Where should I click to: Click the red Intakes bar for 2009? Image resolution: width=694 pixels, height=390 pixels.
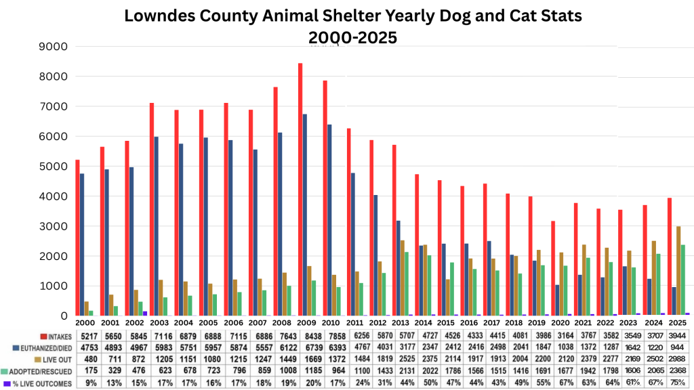[x=300, y=190]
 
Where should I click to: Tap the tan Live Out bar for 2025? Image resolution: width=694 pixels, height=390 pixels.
[x=678, y=271]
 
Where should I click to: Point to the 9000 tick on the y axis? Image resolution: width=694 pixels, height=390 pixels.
[x=54, y=47]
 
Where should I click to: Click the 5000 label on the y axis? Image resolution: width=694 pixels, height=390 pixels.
[x=54, y=166]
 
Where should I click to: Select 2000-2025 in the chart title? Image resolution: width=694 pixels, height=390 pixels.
[x=352, y=38]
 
